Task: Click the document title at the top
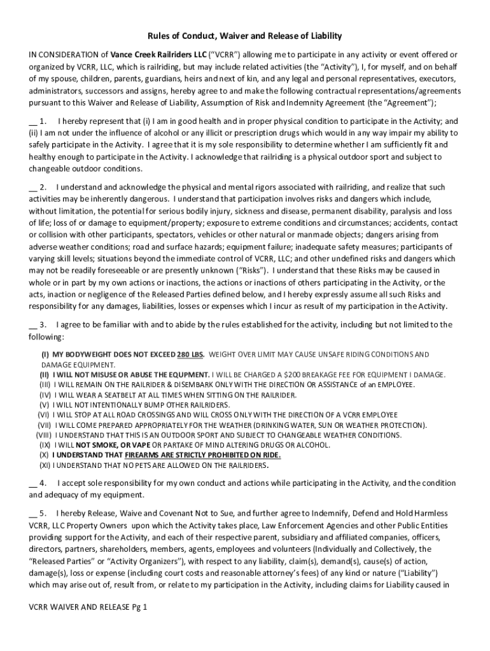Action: point(245,36)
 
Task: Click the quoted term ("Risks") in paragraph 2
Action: point(253,271)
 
